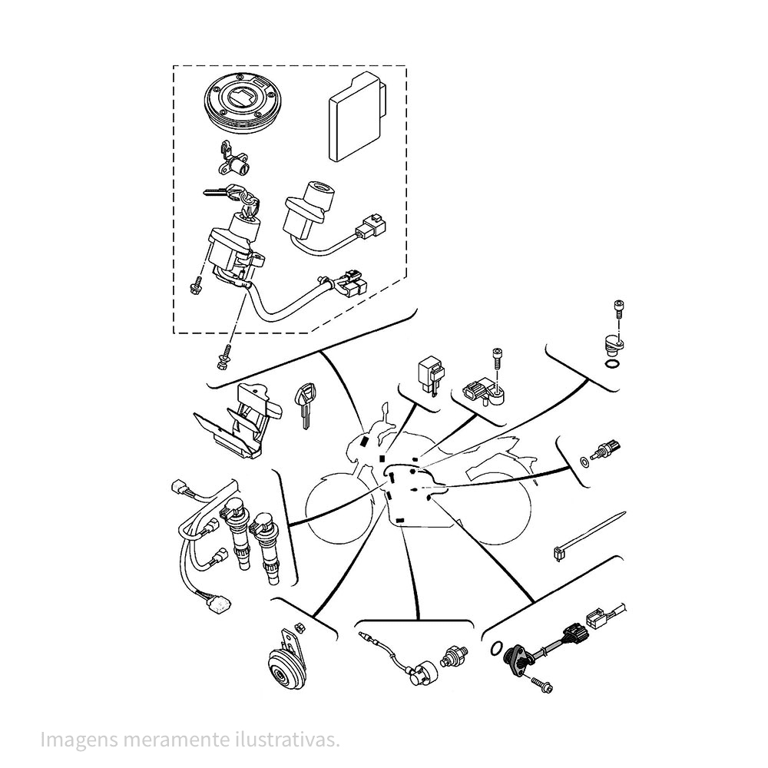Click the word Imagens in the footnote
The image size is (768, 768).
[74, 740]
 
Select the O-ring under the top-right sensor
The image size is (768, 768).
[613, 364]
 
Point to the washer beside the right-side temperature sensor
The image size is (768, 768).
[586, 461]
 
